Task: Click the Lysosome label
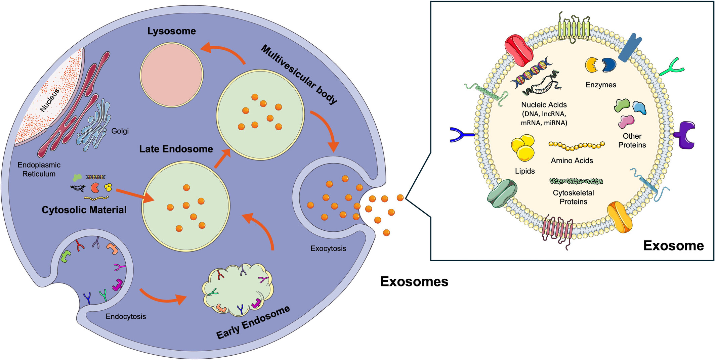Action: coord(171,31)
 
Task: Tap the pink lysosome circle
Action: coord(171,75)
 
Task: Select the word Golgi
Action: coord(120,131)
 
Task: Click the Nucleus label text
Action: coord(49,100)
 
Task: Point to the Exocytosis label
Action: coord(328,249)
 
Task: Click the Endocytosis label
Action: coord(126,316)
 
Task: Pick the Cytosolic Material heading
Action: coord(84,210)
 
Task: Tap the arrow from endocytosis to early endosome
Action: coord(163,297)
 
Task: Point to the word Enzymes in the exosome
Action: coord(601,85)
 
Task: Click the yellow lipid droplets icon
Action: coord(523,147)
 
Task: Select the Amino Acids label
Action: coord(572,161)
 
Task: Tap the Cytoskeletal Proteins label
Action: coord(573,197)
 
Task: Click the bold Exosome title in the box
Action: coord(673,246)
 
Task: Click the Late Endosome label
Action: coord(176,149)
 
